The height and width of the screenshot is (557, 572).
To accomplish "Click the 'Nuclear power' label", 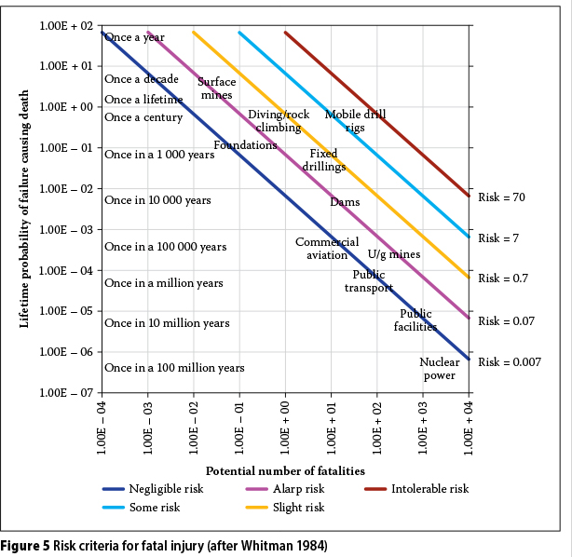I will [440, 369].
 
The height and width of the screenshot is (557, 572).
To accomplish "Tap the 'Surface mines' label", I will [216, 88].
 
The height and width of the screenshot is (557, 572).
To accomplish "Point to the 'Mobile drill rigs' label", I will [355, 121].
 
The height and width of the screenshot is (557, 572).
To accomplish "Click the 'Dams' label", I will [345, 202].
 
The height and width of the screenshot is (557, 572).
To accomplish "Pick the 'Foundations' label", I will [245, 145].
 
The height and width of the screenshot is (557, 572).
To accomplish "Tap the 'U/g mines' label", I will [393, 254].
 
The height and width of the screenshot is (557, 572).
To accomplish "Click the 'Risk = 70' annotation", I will [501, 197].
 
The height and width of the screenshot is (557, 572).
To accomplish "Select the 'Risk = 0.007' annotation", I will [509, 361].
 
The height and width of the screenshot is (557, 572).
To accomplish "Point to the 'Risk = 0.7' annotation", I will [503, 278].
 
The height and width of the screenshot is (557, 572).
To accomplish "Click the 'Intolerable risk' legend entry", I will [429, 488].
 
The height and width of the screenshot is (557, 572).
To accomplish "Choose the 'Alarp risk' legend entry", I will [298, 488].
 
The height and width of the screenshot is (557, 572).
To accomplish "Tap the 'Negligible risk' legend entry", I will [167, 488].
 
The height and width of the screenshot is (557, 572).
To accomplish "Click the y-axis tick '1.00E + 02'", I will [63, 26].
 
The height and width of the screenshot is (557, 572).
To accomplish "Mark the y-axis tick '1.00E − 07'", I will [63, 393].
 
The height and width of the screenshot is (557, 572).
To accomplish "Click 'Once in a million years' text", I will [163, 283].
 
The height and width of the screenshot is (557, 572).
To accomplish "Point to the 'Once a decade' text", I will [141, 79].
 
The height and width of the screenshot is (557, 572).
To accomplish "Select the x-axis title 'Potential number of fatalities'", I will [285, 471].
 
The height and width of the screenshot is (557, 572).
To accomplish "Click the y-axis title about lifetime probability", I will [25, 209].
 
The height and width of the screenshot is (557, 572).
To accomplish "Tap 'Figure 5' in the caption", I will [25, 545].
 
